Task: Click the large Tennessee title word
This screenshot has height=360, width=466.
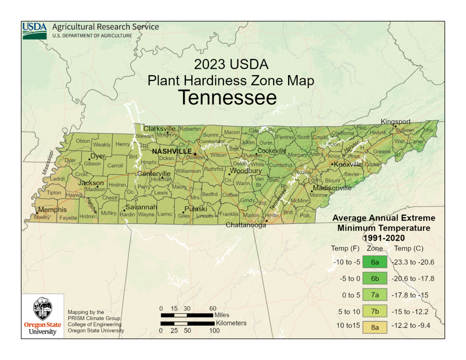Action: pos(227,98)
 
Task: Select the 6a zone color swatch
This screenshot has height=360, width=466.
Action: pos(375,262)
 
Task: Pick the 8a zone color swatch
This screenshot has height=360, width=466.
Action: pos(375,327)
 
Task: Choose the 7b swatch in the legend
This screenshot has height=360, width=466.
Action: pos(375,311)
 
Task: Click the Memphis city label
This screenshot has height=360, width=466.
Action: pos(52,210)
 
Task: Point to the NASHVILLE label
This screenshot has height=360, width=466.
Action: pos(172,151)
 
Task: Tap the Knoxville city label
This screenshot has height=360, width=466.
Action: pos(348,164)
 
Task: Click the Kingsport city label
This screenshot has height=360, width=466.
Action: pos(395,122)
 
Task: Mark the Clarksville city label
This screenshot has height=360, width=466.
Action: pos(159,128)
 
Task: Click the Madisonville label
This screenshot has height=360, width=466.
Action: pos(332,188)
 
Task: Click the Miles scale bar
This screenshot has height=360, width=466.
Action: pos(187,314)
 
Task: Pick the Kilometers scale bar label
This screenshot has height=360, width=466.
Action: pos(231,323)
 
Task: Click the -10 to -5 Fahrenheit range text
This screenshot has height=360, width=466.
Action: pos(346,262)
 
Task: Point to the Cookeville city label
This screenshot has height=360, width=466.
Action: pos(272,151)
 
